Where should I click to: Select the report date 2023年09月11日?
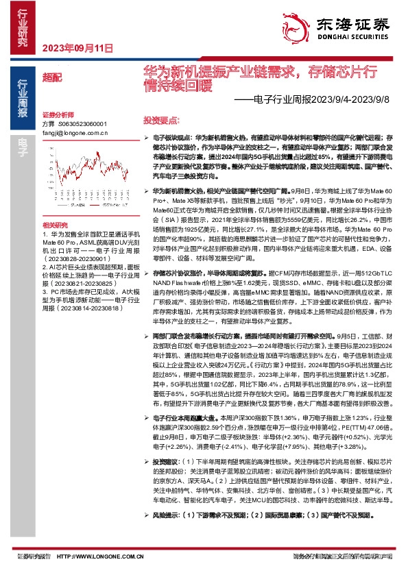pos(77,48)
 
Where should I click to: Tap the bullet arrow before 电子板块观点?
pos(146,138)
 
